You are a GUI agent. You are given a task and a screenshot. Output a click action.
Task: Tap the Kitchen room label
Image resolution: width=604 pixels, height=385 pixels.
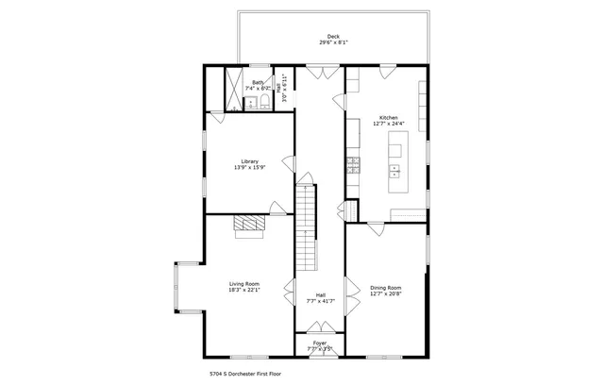pyautogui.click(x=388, y=118)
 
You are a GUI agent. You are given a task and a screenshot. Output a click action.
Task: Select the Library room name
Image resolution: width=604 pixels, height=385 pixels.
pyautogui.click(x=249, y=160)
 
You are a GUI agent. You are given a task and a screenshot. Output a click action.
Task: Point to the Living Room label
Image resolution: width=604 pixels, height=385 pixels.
pyautogui.click(x=244, y=284)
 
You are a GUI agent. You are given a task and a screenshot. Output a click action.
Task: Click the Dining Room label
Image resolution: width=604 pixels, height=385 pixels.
pyautogui.click(x=385, y=287)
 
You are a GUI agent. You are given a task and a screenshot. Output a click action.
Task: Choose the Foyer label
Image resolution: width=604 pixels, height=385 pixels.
pyautogui.click(x=320, y=343)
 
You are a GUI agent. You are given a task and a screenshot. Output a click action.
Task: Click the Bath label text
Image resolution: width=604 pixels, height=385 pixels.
pyautogui.click(x=258, y=82)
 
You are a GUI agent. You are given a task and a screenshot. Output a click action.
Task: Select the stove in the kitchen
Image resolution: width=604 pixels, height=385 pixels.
pyautogui.click(x=353, y=165)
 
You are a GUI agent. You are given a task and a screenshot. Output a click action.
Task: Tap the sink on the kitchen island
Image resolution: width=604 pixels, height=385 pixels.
pyautogui.click(x=394, y=171)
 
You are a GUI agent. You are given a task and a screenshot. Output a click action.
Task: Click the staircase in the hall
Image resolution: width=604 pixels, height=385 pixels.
pyautogui.click(x=305, y=226)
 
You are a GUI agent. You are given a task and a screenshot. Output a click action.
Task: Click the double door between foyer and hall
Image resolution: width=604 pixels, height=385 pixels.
pyautogui.click(x=320, y=328)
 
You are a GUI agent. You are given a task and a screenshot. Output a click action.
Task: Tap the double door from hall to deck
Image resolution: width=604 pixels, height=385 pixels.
pyautogui.click(x=320, y=72)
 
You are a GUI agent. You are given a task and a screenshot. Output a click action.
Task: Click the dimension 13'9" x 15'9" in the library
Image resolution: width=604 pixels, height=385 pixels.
pyautogui.click(x=249, y=167)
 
